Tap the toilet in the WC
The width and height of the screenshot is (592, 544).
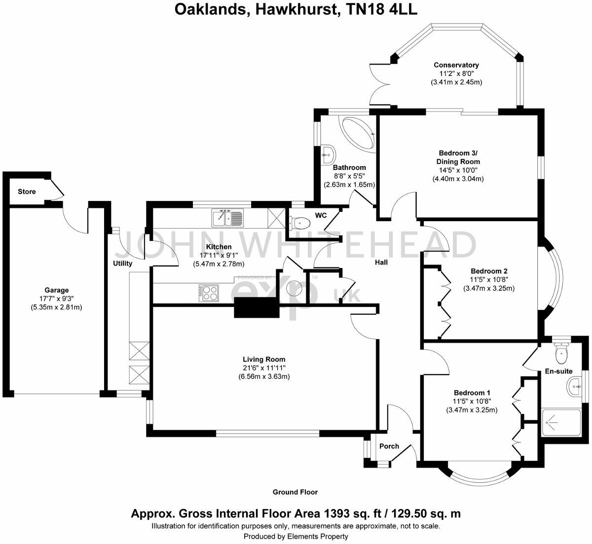(297, 223)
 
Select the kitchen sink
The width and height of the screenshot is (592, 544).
(227, 217)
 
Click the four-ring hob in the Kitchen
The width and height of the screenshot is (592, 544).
(209, 293)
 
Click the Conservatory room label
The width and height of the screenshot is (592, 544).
(456, 65)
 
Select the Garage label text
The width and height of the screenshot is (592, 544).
(56, 290)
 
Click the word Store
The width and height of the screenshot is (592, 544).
(27, 191)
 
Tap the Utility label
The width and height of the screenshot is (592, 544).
(122, 264)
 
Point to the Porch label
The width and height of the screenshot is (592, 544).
(389, 446)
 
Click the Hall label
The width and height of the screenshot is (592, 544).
(381, 263)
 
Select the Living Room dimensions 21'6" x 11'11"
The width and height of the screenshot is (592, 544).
(264, 368)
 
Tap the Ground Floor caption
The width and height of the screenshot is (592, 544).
(295, 492)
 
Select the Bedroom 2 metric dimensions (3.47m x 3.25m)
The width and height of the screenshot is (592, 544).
(488, 289)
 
